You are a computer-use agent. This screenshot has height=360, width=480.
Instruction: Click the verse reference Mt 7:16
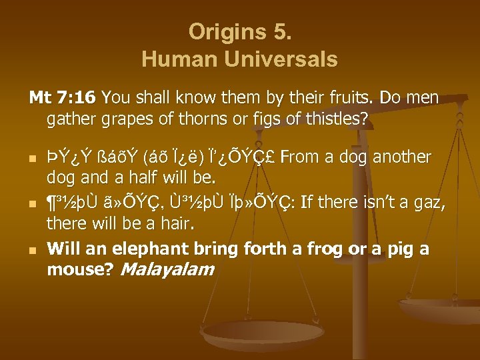[63, 98]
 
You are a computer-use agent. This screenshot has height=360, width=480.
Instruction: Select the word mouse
[69, 269]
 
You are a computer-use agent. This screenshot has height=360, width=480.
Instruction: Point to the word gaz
[422, 203]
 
